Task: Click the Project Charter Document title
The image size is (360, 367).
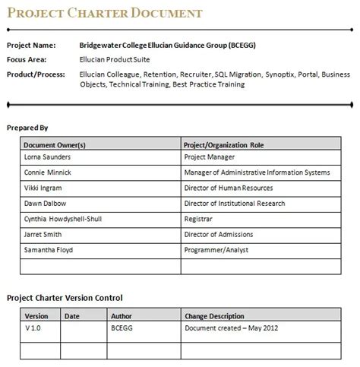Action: click(x=104, y=13)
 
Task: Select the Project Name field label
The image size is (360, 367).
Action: click(x=31, y=45)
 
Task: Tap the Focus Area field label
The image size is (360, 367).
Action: click(x=27, y=59)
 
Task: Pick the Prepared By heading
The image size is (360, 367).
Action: click(x=27, y=128)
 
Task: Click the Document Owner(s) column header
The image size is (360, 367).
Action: click(x=55, y=144)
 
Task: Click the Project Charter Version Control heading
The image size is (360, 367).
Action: click(x=65, y=298)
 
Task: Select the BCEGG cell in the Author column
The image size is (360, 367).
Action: click(x=122, y=330)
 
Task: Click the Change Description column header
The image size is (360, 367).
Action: click(x=214, y=316)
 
